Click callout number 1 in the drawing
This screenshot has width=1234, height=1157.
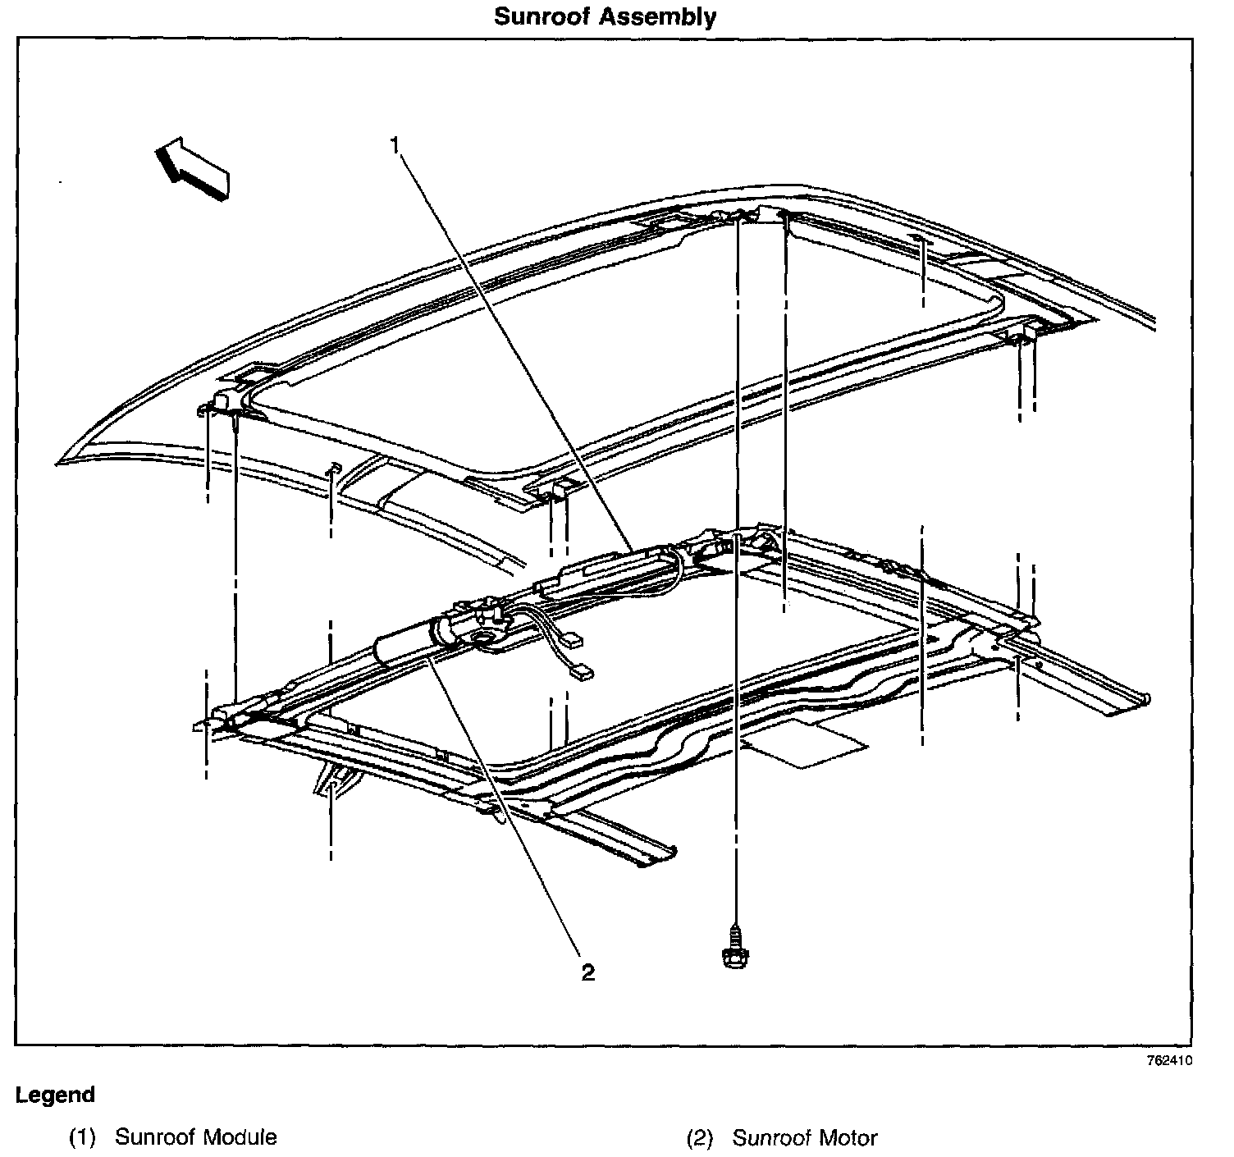click(395, 146)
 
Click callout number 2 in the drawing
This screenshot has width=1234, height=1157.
click(587, 972)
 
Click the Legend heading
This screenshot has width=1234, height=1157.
click(55, 1095)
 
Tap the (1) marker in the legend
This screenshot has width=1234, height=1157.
click(82, 1138)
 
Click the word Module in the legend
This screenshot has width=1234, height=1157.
click(240, 1138)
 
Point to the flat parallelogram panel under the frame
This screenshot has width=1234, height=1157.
click(804, 743)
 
